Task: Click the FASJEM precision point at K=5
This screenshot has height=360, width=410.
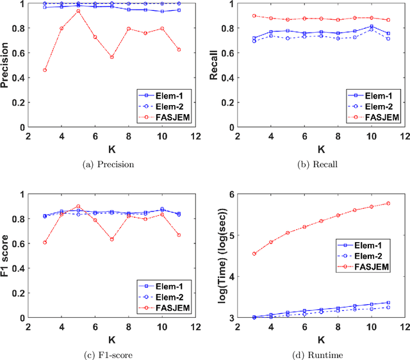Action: [78, 11]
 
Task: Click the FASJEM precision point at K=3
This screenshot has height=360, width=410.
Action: [44, 70]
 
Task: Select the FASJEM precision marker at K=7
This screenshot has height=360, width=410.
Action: [111, 57]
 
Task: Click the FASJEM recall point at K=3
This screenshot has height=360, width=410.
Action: [254, 16]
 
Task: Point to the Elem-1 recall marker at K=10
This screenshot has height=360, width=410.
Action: [372, 26]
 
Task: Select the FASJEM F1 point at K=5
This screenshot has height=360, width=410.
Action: [78, 207]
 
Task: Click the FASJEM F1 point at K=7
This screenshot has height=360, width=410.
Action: [111, 239]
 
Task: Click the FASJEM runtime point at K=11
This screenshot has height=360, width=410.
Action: [388, 204]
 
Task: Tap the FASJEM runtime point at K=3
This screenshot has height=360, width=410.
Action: [254, 254]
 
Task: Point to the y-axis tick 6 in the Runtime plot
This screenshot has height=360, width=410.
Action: [232, 194]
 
